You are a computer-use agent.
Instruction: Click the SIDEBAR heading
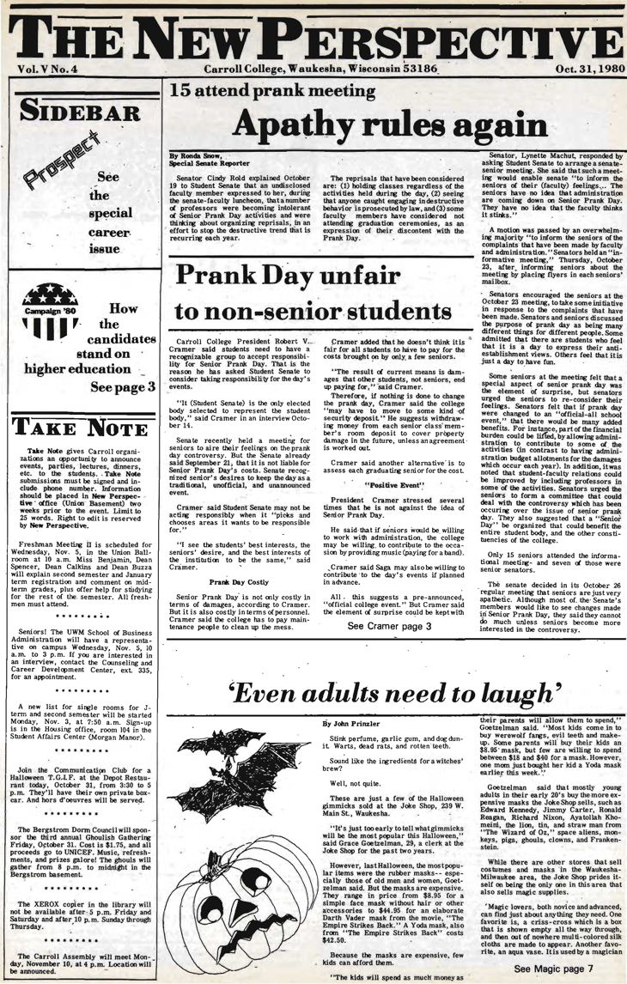pyautogui.click(x=59, y=111)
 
